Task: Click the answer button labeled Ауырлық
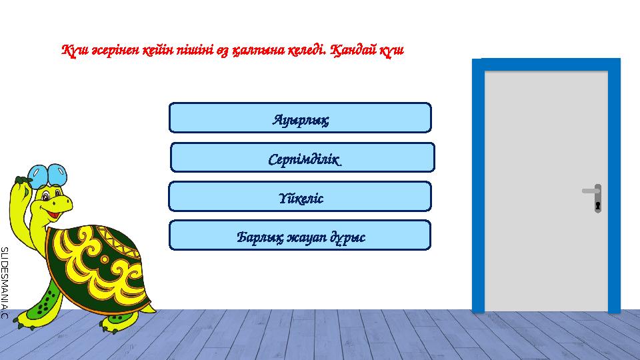300,118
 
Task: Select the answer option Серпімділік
302,157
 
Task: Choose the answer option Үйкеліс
300,197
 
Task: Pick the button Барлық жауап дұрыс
300,235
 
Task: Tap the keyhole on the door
598,205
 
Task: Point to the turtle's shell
97,267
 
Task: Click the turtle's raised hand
21,181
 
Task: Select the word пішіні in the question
197,51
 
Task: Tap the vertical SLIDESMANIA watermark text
4,280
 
